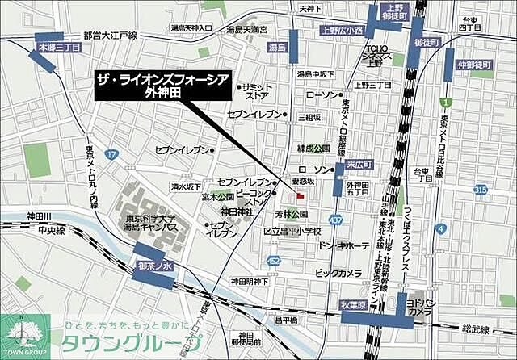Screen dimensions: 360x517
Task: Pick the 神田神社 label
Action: [237, 211]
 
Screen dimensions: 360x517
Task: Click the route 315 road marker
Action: [481, 189]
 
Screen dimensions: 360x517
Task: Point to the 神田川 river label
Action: [38, 216]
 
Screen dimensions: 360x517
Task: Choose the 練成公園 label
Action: [314, 149]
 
